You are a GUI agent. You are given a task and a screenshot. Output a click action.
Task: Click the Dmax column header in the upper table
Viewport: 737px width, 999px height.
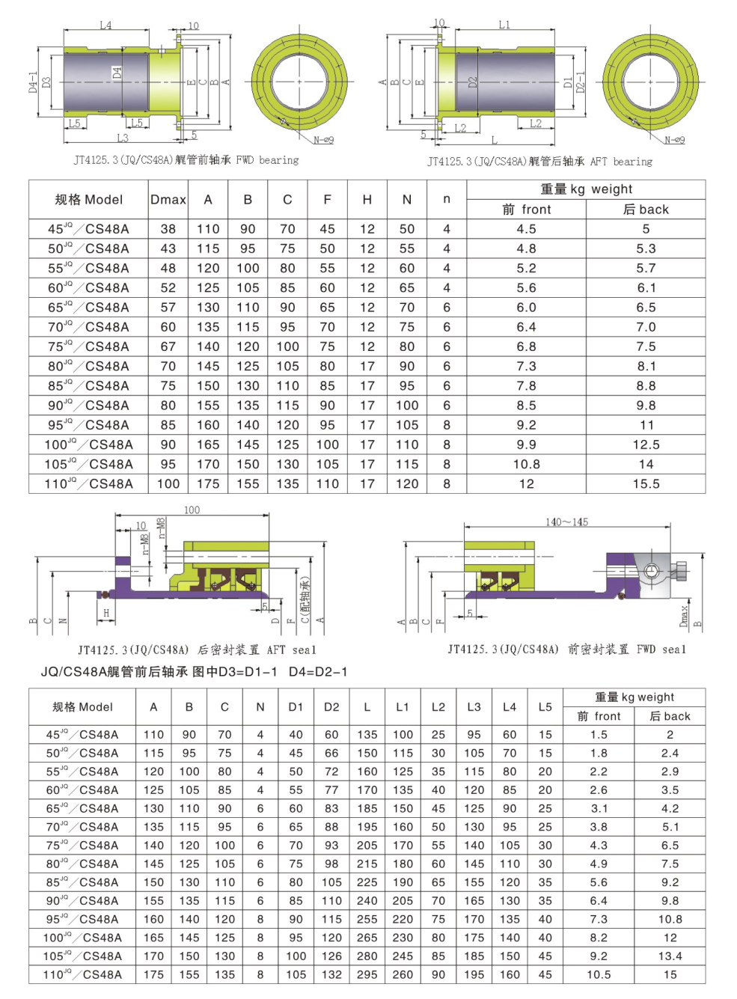[x=168, y=200]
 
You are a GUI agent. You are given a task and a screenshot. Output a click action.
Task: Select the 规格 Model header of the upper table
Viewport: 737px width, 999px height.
[x=88, y=200]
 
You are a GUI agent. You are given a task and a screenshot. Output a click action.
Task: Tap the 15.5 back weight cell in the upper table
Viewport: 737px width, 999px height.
[x=646, y=483]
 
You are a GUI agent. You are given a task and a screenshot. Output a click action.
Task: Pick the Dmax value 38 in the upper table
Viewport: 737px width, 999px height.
[x=168, y=229]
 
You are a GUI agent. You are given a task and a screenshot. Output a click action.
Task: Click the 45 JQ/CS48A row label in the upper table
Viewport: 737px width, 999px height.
[x=88, y=229]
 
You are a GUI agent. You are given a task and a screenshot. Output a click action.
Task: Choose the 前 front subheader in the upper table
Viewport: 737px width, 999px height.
[x=526, y=210]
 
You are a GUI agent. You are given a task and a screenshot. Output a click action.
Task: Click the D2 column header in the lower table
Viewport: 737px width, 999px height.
[x=331, y=706]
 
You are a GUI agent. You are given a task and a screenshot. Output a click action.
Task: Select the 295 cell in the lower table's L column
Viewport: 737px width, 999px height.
[x=367, y=974]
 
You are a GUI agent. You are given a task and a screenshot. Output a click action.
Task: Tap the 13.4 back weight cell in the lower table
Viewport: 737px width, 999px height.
[x=670, y=956]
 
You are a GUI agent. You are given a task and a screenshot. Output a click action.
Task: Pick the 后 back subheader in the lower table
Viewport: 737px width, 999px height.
[x=670, y=716]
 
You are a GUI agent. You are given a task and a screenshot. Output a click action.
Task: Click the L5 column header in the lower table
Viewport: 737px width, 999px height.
[x=545, y=706]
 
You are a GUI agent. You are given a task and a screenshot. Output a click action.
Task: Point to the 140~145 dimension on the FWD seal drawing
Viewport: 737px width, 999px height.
[x=566, y=522]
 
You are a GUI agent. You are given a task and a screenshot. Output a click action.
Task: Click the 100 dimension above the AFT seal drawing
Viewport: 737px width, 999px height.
[x=192, y=510]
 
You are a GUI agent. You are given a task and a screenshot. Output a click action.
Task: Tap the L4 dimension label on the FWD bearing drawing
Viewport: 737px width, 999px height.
[x=105, y=25]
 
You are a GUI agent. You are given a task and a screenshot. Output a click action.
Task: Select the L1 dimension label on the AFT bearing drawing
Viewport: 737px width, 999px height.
[x=504, y=25]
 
